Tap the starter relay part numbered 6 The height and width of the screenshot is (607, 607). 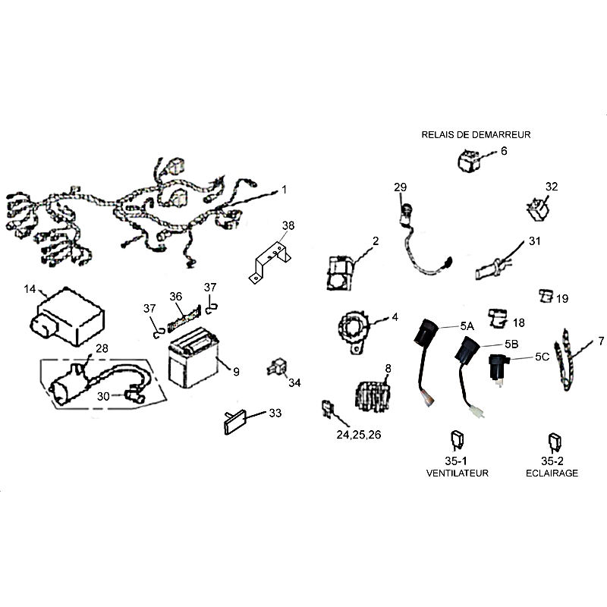tap(467, 160)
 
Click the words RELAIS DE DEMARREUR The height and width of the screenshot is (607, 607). tap(476, 134)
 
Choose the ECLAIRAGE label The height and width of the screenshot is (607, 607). tap(552, 473)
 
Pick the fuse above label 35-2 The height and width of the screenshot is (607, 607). tap(554, 442)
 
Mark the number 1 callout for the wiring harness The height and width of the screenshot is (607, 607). tap(285, 189)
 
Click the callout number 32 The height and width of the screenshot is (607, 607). tap(552, 187)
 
